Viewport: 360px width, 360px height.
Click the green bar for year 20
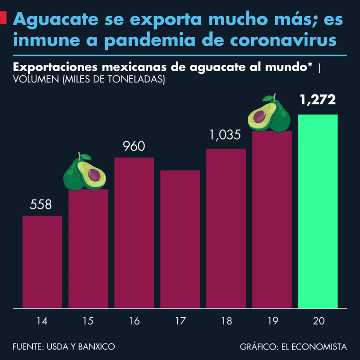(x=317, y=211)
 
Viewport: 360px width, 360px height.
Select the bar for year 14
(x=42, y=261)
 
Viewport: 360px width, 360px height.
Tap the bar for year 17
(x=180, y=239)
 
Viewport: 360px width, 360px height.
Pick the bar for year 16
(x=134, y=232)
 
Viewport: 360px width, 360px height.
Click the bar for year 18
(x=226, y=228)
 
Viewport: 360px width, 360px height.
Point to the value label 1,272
(x=317, y=100)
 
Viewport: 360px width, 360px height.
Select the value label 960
(x=134, y=146)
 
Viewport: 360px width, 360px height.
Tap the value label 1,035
(x=225, y=135)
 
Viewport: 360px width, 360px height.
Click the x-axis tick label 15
(x=88, y=322)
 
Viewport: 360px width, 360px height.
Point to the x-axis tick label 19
(x=272, y=322)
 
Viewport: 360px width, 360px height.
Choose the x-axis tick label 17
(x=180, y=322)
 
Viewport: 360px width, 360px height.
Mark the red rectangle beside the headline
(x=3, y=19)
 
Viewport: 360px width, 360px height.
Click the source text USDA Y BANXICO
(x=81, y=347)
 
